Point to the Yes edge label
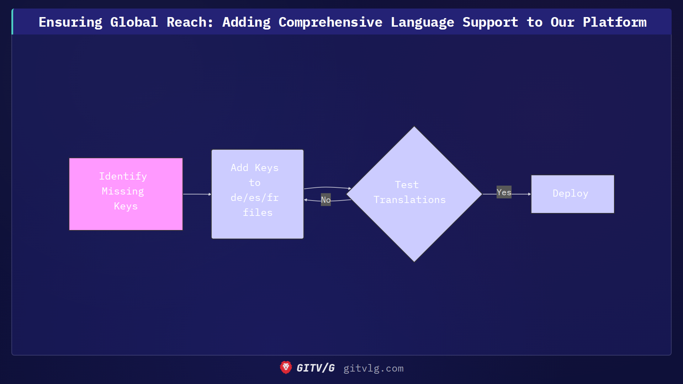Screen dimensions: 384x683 504,192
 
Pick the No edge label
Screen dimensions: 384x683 325,200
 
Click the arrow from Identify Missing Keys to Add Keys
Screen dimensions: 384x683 197,194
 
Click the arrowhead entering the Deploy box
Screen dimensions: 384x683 529,194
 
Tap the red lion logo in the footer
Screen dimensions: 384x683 286,368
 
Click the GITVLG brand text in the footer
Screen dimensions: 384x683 316,368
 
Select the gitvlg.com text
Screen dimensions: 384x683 373,368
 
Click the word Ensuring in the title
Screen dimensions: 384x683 70,22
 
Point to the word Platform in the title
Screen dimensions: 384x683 614,22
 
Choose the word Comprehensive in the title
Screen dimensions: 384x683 330,22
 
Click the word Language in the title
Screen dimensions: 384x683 422,22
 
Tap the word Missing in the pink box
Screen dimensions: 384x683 123,191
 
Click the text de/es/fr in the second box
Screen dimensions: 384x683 254,198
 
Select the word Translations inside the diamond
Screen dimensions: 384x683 409,200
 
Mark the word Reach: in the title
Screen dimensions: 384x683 190,22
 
